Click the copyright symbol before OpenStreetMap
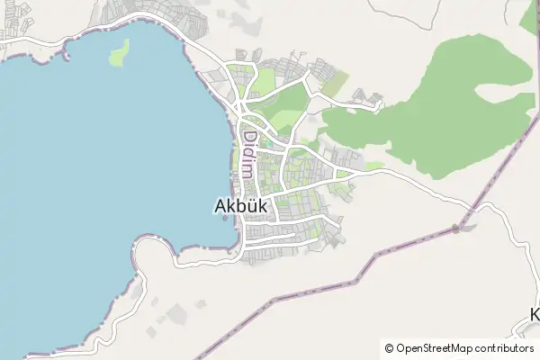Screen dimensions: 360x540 click(x=389, y=348)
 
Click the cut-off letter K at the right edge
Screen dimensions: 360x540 click(x=535, y=315)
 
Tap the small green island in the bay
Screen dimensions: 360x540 click(x=119, y=52)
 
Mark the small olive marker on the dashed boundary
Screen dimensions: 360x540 click(x=455, y=229)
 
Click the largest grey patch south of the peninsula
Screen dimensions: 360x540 click(x=177, y=313)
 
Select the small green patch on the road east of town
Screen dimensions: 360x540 click(x=374, y=166)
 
